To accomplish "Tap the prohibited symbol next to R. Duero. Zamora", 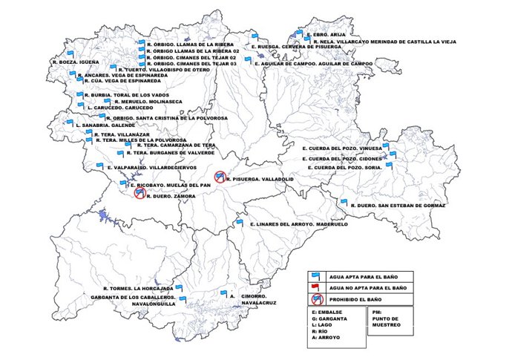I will [139, 193].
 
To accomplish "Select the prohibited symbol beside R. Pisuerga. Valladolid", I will [220, 176].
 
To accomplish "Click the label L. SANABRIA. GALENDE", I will [105, 125].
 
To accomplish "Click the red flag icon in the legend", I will [315, 287].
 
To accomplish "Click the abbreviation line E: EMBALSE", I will [328, 312].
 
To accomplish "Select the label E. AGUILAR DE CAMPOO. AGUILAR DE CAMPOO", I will [313, 64].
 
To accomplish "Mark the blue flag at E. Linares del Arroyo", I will [240, 221].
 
